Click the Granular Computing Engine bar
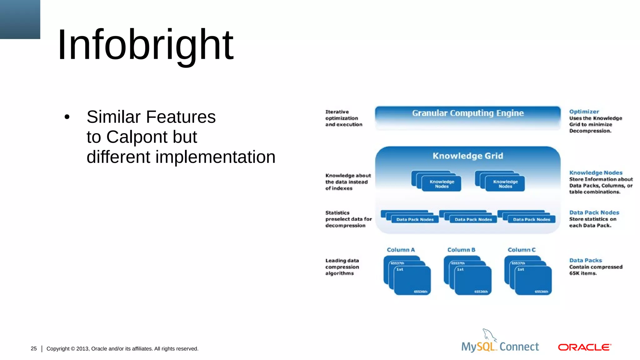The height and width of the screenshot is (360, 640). [467, 117]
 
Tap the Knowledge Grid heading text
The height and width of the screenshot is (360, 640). [467, 156]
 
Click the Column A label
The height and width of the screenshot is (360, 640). [401, 250]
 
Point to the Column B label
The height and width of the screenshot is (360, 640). [461, 250]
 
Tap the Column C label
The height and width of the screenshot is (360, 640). [521, 250]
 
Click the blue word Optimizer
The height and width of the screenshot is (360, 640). [584, 112]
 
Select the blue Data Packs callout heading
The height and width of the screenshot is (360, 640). [585, 260]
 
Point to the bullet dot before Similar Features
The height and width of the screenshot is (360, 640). [67, 117]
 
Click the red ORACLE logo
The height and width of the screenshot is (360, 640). [584, 347]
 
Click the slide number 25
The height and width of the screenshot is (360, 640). [34, 348]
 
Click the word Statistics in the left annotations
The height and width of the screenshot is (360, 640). [337, 213]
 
